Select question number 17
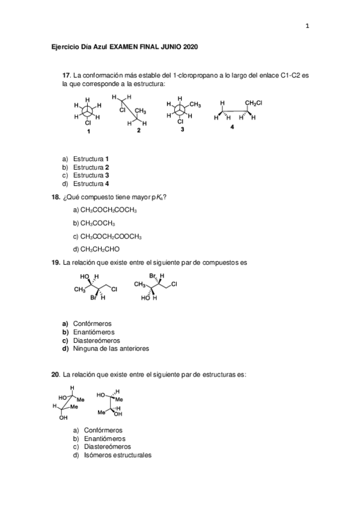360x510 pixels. (67, 75)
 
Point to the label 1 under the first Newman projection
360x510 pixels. (88, 131)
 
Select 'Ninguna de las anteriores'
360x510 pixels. (111, 348)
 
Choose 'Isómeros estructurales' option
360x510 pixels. (112, 455)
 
